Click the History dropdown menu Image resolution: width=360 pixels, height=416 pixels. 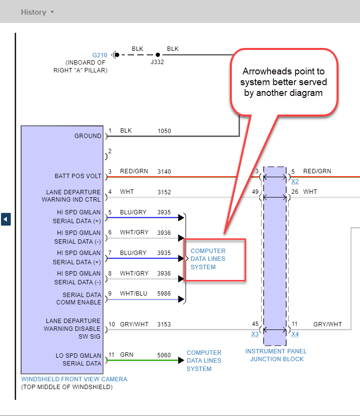(37, 12)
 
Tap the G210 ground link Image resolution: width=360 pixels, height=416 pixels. (100, 55)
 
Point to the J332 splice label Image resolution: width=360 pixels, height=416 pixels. (157, 63)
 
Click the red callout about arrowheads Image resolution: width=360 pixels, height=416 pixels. (283, 81)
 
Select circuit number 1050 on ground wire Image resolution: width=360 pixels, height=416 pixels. (164, 131)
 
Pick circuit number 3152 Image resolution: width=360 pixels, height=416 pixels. (164, 192)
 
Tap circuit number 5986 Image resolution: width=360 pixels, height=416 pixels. (164, 294)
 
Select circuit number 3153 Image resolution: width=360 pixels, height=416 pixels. (164, 324)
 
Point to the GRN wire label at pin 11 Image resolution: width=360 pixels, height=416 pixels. (126, 355)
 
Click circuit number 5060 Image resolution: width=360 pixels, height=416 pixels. (164, 355)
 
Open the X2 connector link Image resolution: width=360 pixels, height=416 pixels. (295, 182)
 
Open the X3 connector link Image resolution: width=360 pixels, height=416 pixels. (255, 334)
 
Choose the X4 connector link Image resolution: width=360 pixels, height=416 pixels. (295, 334)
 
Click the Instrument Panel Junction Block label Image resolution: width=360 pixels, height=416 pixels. (276, 355)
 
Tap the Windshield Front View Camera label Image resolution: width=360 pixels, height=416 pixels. (74, 379)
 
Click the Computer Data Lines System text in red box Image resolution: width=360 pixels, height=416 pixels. (208, 259)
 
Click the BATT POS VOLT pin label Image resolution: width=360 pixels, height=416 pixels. (78, 176)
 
